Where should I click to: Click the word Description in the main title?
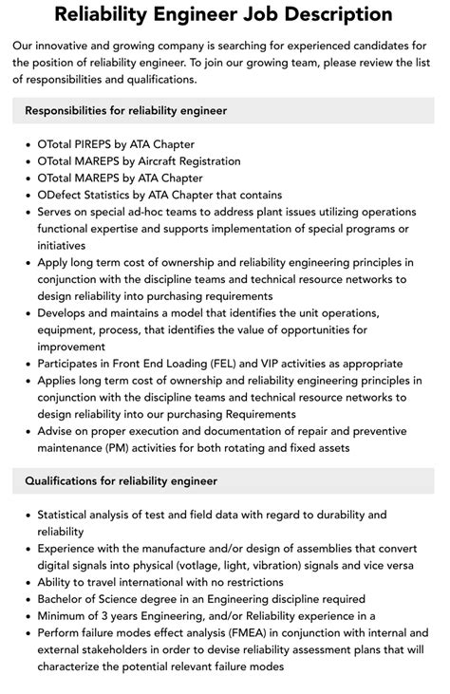331,14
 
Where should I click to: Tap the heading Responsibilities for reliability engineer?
125,110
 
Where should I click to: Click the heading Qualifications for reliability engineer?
121,481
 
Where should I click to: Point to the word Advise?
56,432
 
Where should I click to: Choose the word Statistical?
68,516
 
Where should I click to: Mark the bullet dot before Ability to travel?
26,582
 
